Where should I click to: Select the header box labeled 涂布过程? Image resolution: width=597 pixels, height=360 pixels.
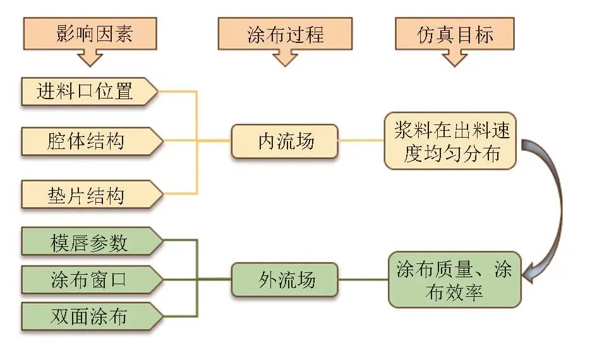[x=286, y=33]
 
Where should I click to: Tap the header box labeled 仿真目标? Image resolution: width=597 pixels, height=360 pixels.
[x=454, y=33]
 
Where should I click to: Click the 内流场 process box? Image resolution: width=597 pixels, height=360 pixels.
[x=284, y=141]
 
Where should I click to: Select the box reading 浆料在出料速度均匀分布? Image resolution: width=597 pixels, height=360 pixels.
[x=450, y=141]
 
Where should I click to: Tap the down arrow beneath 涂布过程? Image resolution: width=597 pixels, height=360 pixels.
[x=285, y=58]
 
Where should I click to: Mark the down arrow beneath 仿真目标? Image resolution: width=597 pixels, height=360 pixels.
[x=454, y=58]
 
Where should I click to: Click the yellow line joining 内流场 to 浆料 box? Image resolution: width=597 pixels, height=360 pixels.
[x=361, y=140]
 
